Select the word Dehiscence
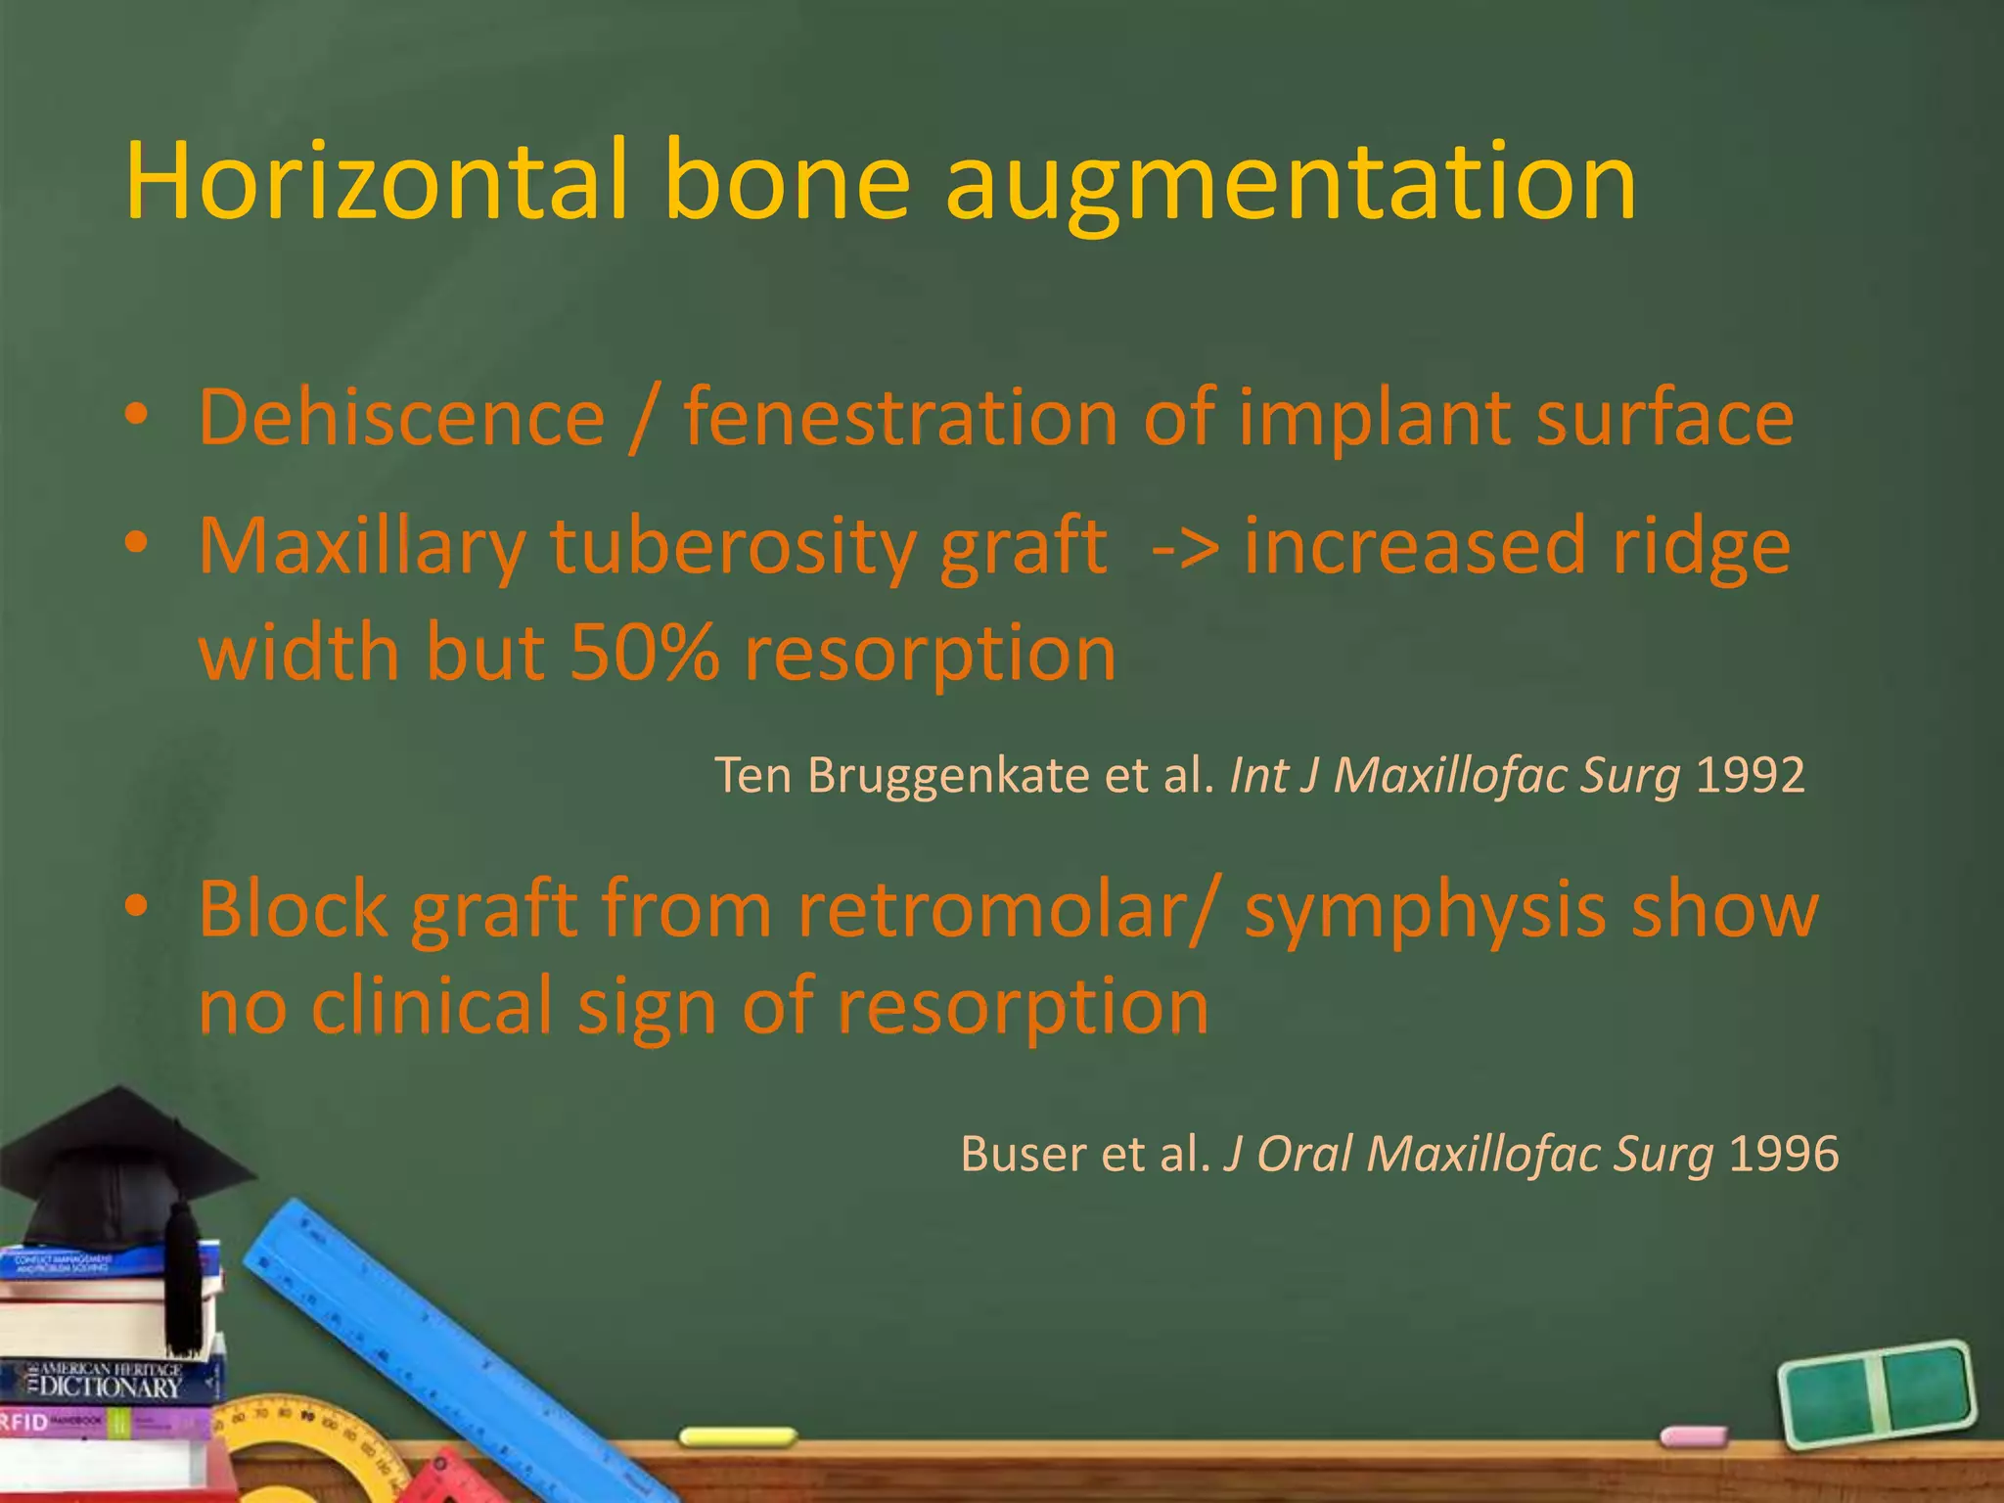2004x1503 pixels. click(x=401, y=418)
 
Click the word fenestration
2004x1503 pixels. click(x=900, y=418)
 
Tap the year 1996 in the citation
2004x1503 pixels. click(x=1783, y=1154)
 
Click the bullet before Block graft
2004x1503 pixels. click(x=137, y=906)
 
